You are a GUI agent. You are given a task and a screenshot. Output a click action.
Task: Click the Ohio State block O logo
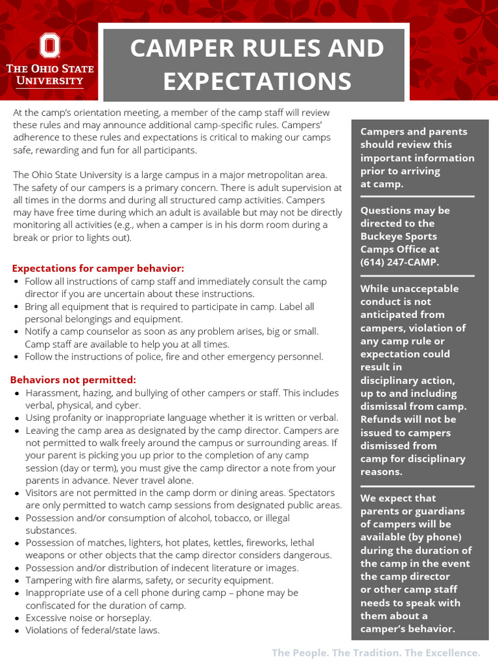[50, 46]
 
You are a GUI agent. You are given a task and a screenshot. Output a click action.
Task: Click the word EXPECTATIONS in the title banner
[257, 82]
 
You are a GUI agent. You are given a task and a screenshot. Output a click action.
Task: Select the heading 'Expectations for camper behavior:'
[98, 268]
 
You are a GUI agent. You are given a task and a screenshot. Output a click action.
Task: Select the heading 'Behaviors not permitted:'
[73, 379]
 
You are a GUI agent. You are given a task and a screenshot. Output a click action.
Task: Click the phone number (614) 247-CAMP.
[399, 262]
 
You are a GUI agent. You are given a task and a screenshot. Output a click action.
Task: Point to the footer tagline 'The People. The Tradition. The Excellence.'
[375, 652]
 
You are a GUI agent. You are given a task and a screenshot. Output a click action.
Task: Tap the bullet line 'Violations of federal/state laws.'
[92, 630]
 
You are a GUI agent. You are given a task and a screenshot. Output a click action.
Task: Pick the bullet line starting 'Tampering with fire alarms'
[149, 580]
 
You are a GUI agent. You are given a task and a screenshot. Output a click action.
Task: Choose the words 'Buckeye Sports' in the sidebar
[398, 236]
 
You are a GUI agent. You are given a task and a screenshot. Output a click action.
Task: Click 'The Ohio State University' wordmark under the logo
[50, 74]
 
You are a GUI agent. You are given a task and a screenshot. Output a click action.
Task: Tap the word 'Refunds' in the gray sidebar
[381, 419]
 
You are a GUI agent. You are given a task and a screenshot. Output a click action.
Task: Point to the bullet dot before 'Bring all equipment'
[16, 307]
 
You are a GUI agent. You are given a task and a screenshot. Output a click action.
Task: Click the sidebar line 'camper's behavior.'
[408, 629]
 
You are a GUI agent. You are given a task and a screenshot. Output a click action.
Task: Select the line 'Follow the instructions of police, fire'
[174, 356]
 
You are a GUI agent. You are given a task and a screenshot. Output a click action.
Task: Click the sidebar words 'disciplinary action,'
[407, 380]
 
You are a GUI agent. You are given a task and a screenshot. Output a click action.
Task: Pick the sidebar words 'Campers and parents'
[413, 131]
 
